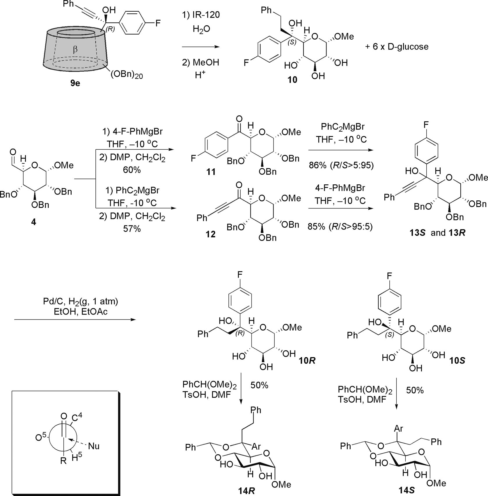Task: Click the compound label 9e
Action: [x=75, y=83]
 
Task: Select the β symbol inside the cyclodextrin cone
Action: [x=75, y=50]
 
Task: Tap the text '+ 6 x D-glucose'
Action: [x=397, y=47]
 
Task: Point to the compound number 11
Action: [x=211, y=172]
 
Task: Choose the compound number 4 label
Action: [x=34, y=222]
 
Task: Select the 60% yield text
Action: [x=132, y=170]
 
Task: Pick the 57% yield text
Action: [x=132, y=229]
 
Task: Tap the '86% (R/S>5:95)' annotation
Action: [x=341, y=165]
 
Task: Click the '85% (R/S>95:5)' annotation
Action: [x=340, y=226]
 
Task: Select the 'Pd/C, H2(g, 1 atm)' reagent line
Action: [x=81, y=301]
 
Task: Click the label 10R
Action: [x=307, y=361]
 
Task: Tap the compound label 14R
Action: [x=246, y=490]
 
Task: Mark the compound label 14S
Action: [x=406, y=490]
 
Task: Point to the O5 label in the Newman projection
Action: [x=41, y=438]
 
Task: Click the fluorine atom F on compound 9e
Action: [x=158, y=23]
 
